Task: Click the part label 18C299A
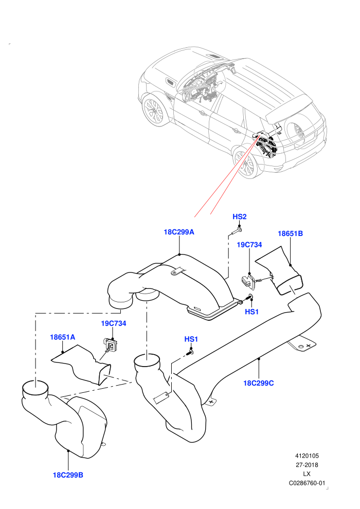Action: (x=179, y=232)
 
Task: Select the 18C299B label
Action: (x=68, y=475)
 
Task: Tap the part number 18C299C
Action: (x=258, y=383)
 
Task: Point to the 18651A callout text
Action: (x=62, y=337)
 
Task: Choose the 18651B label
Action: (x=290, y=233)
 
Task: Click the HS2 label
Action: (x=240, y=216)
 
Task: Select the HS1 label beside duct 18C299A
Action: (x=251, y=312)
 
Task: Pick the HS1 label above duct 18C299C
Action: (x=191, y=339)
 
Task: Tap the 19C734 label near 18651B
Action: (x=249, y=245)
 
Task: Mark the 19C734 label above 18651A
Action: (x=113, y=323)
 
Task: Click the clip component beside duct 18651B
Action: (x=248, y=281)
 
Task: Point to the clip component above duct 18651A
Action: (x=111, y=344)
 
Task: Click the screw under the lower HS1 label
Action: (x=190, y=352)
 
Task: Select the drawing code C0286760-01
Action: (x=307, y=483)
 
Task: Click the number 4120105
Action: (x=307, y=456)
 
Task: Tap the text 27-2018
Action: (x=307, y=465)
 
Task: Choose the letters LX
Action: (x=307, y=474)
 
